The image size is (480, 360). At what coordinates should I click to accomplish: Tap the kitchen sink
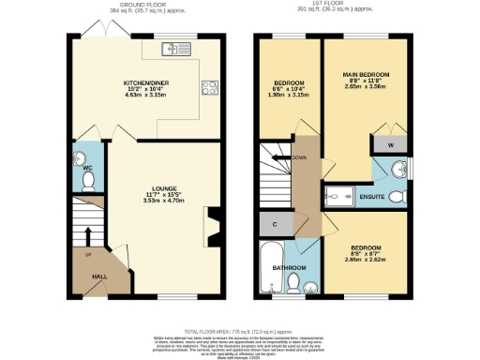pos(172,49)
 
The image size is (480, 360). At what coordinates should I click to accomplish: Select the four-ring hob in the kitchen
pos(209,90)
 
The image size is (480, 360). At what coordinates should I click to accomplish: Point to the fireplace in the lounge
pos(212,225)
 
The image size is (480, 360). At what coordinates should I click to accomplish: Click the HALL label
pos(97,277)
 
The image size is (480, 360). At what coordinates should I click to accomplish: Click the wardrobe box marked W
pos(390,144)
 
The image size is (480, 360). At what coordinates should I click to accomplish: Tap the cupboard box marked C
pos(272,225)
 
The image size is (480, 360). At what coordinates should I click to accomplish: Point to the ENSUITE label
pos(372,198)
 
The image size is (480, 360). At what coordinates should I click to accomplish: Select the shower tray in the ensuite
pos(338,197)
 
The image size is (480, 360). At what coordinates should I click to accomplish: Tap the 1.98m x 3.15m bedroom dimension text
pos(290,94)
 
